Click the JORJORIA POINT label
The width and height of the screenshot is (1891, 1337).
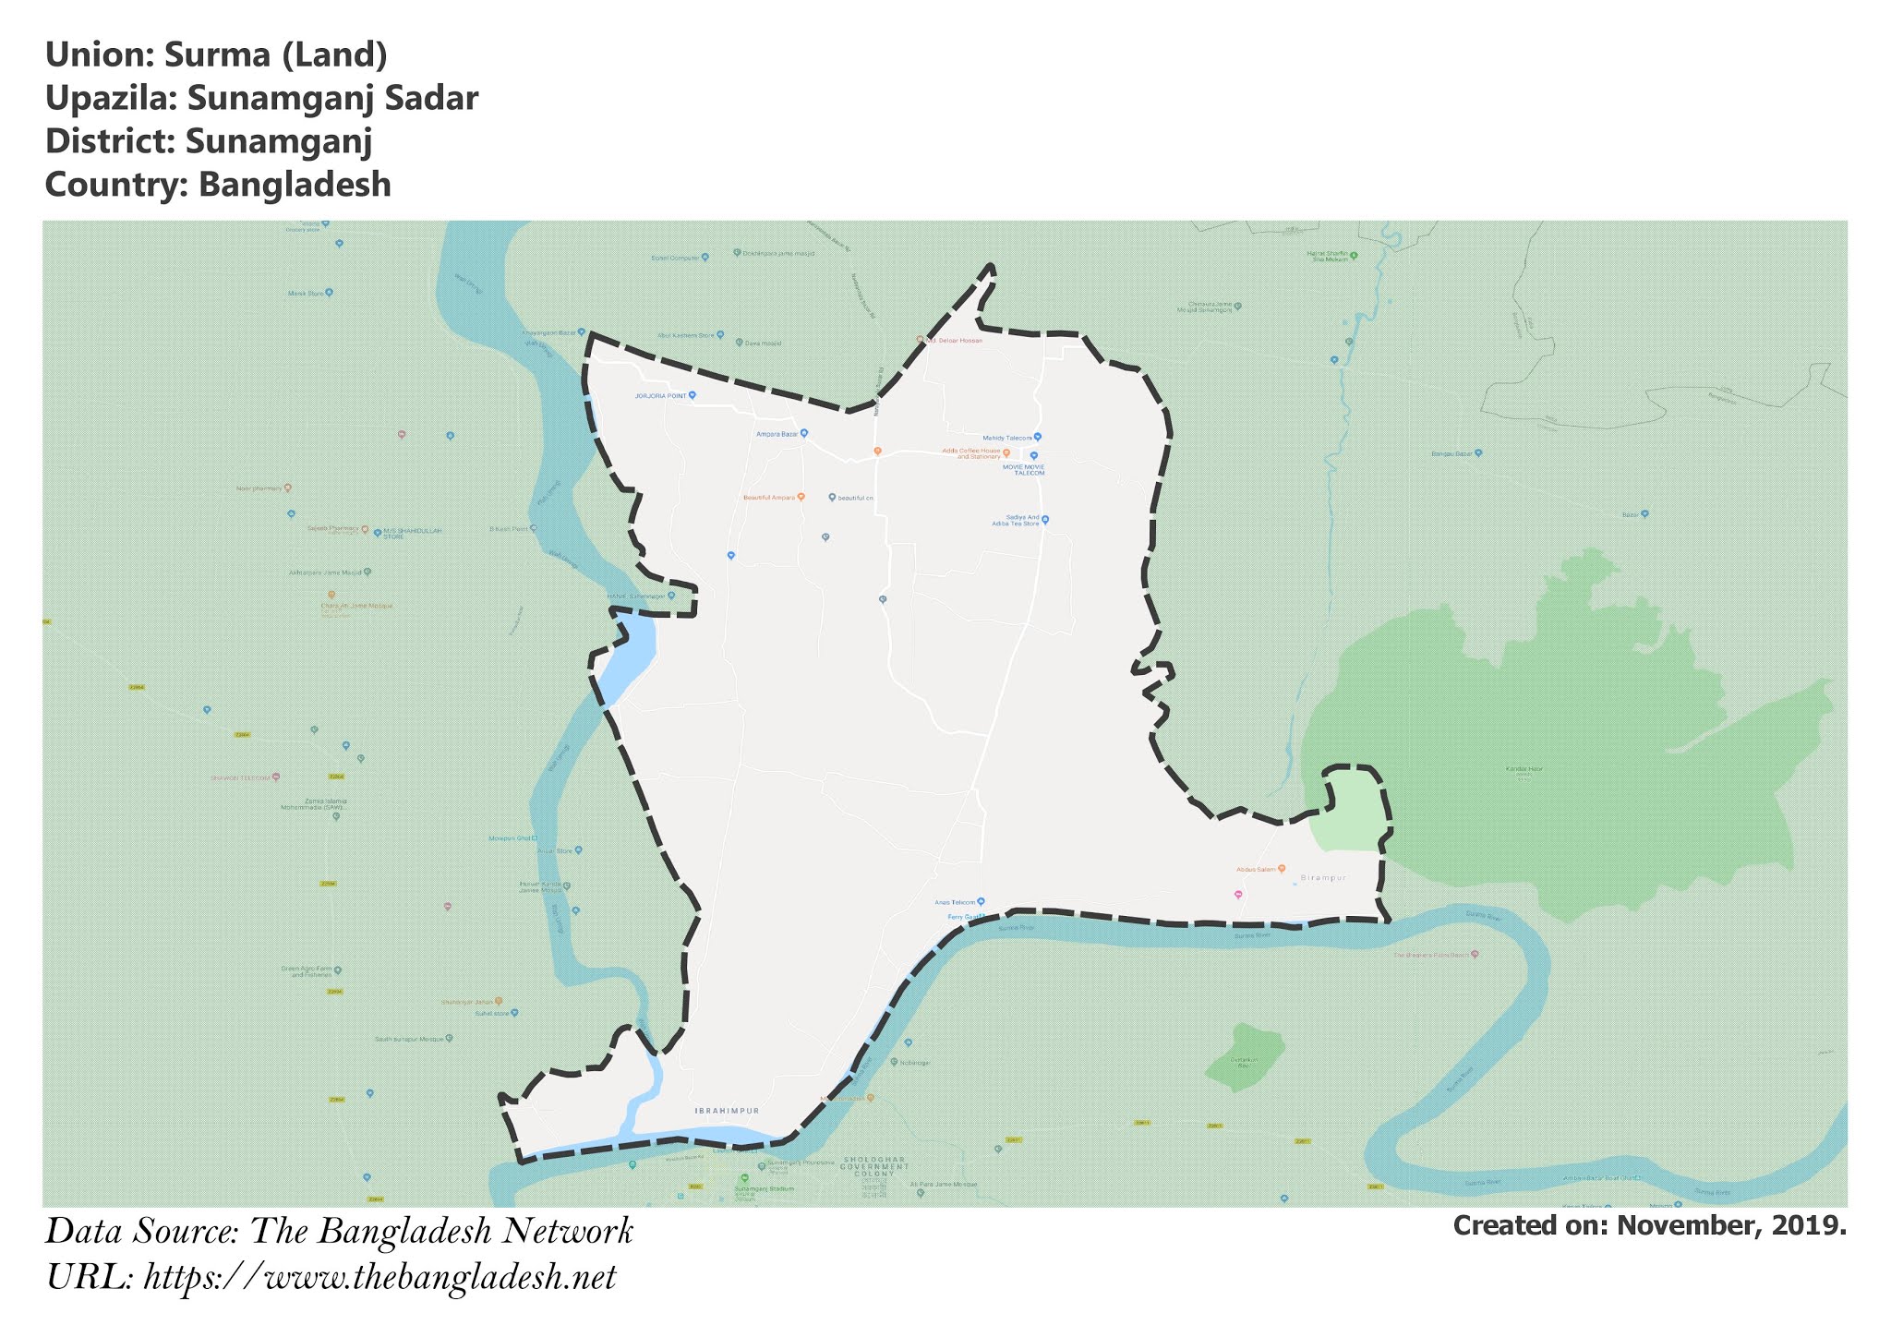[660, 395]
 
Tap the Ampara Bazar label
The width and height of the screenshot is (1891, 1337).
[777, 433]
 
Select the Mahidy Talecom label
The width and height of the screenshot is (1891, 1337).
[1006, 437]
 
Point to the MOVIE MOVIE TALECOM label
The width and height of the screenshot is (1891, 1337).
[1023, 469]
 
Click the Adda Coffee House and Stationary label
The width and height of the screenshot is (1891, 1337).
[970, 453]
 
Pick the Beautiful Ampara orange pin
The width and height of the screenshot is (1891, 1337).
[801, 497]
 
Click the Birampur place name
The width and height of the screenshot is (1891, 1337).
[1323, 877]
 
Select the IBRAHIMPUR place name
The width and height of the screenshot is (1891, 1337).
[726, 1111]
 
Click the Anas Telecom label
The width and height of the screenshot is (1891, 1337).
[955, 901]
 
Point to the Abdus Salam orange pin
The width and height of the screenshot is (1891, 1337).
[1282, 868]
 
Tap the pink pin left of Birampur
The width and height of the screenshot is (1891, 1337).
[1238, 894]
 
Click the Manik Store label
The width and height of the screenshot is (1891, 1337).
[306, 294]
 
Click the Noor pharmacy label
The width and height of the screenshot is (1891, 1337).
[258, 488]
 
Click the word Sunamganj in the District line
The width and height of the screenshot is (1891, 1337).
[278, 141]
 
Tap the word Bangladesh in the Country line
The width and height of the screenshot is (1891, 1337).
[295, 185]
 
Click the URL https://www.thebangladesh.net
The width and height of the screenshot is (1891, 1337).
[379, 1278]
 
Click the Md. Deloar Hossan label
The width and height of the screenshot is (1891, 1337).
[955, 341]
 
